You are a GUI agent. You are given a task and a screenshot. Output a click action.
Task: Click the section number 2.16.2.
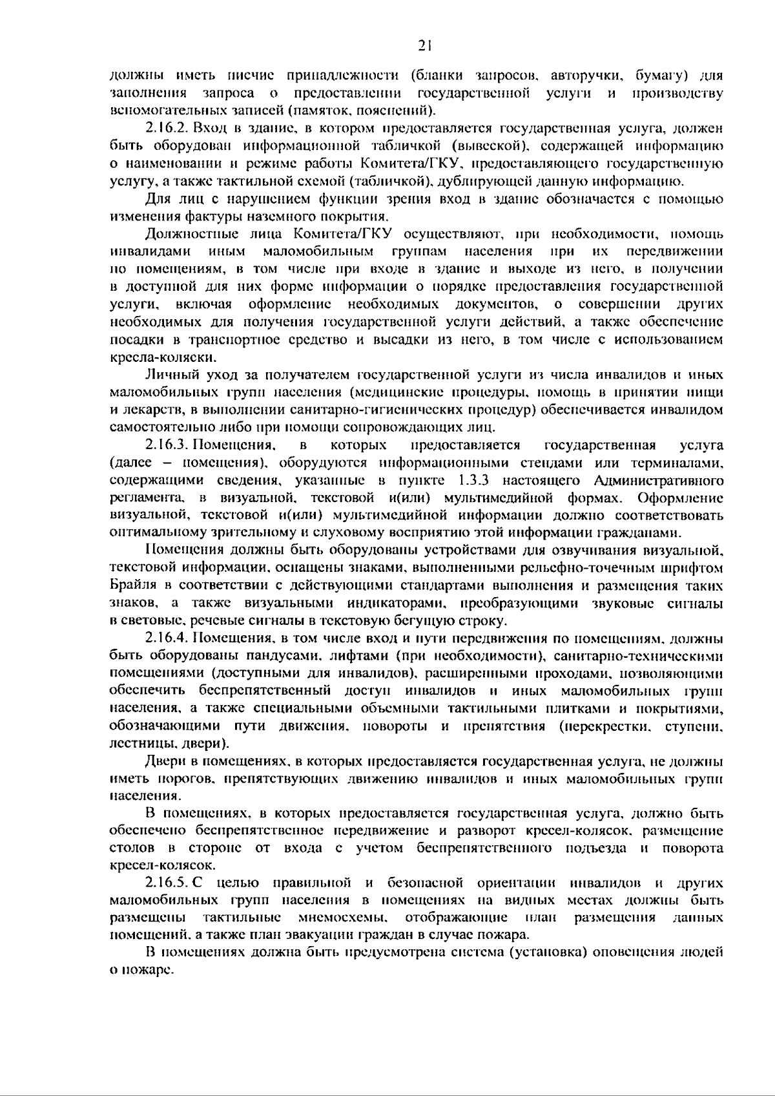tap(169, 129)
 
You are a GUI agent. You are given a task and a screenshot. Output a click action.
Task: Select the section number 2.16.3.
tap(169, 445)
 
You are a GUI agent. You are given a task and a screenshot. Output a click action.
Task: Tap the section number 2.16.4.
tap(169, 638)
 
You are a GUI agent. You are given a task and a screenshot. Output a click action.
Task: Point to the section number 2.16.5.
tap(169, 883)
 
